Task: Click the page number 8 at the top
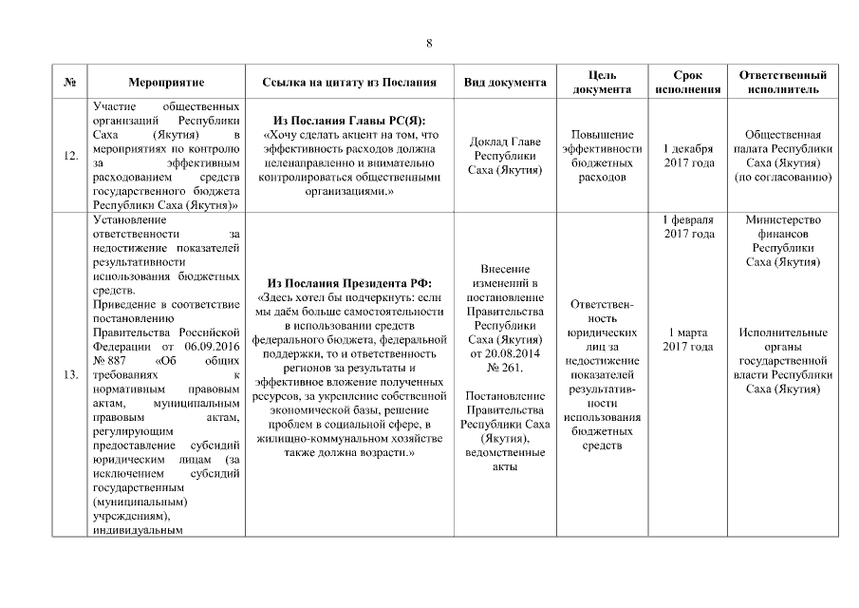point(429,43)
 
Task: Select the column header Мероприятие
point(166,83)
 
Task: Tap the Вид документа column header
point(504,83)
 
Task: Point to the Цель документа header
point(602,83)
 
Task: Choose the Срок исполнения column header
point(688,83)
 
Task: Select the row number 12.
point(70,156)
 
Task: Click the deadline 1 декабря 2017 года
point(688,156)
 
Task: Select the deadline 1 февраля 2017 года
point(688,227)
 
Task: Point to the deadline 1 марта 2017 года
point(688,339)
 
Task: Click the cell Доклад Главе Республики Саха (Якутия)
point(504,156)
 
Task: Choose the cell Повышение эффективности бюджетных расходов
point(602,156)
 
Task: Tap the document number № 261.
point(504,367)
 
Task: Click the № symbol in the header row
point(70,83)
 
